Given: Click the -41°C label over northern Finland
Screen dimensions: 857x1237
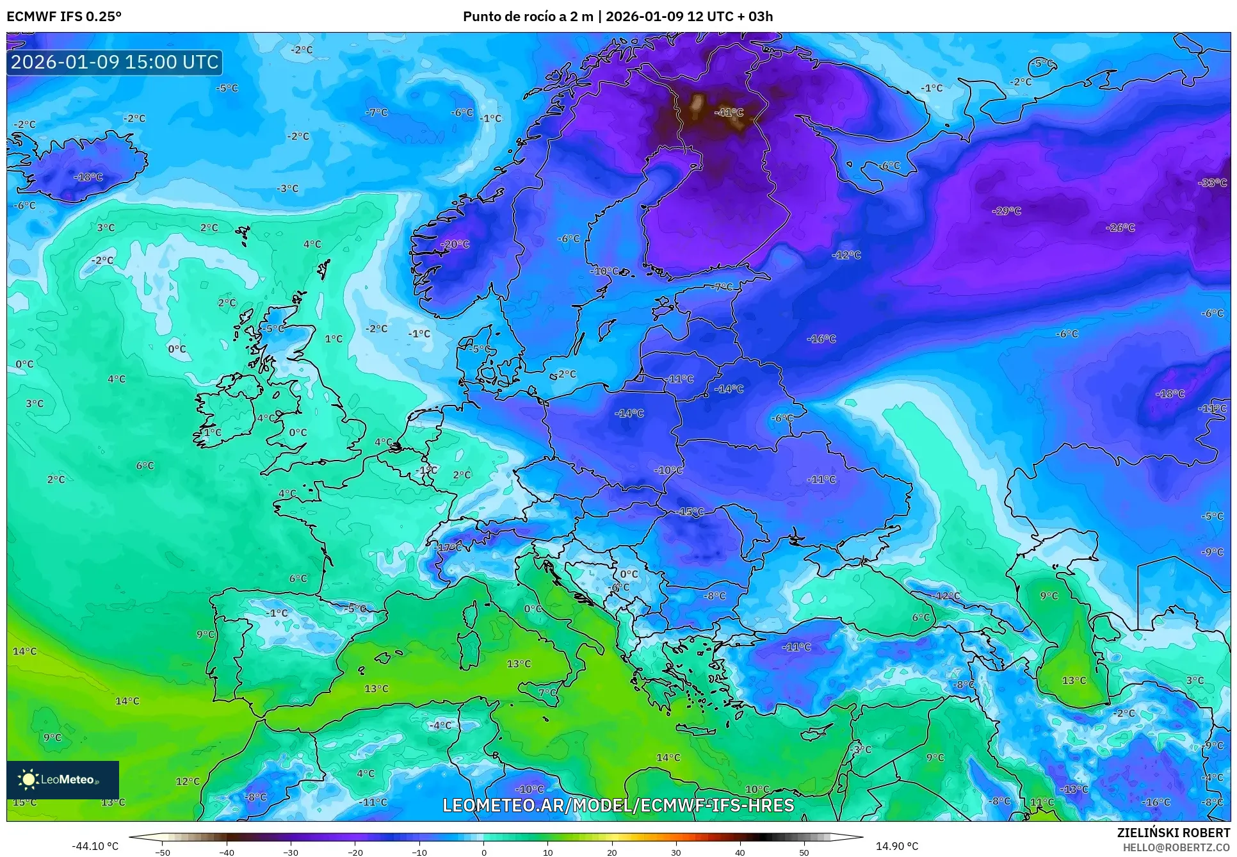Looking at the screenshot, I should point(730,112).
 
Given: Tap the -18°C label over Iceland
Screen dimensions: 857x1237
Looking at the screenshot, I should point(88,177).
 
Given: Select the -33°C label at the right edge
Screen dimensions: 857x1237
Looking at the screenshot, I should point(1212,183).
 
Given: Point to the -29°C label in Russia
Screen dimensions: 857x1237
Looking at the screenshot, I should point(1006,211).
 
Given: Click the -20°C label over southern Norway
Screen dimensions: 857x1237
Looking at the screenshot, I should point(455,244).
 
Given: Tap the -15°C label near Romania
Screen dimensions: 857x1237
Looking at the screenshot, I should point(690,512).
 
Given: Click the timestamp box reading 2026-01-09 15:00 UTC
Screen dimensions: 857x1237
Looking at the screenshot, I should point(115,62).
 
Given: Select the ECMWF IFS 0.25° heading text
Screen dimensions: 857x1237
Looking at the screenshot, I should point(64,17).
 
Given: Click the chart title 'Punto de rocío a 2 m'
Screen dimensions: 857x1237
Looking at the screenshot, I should point(528,17).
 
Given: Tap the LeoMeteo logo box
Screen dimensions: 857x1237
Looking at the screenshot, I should point(63,779).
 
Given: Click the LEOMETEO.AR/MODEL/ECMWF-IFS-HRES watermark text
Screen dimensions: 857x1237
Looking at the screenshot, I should point(618,805).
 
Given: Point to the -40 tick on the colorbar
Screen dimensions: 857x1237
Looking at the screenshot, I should point(227,852).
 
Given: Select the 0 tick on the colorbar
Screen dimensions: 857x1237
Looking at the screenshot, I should point(483,852).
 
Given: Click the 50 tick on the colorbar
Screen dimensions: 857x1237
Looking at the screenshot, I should point(804,852).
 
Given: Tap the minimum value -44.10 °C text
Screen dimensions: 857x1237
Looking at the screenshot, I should point(95,846).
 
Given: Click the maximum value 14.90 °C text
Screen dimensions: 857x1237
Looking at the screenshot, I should point(896,846).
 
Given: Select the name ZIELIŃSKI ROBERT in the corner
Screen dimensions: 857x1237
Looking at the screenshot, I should point(1173,833).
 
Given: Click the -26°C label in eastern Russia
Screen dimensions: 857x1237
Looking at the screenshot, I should point(1120,227).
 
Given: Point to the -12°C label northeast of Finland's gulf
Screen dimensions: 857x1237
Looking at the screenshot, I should point(846,255).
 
